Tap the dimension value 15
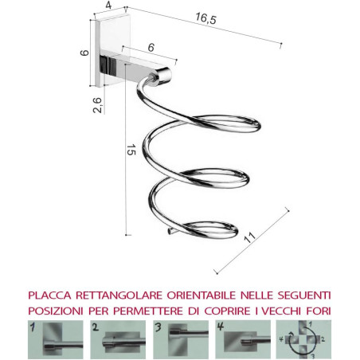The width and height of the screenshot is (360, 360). pyautogui.click(x=128, y=149)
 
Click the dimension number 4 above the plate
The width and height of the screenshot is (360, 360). pyautogui.click(x=106, y=6)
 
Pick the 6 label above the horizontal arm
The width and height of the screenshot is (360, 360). pyautogui.click(x=151, y=49)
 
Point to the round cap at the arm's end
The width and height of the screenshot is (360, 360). pyautogui.click(x=164, y=76)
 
